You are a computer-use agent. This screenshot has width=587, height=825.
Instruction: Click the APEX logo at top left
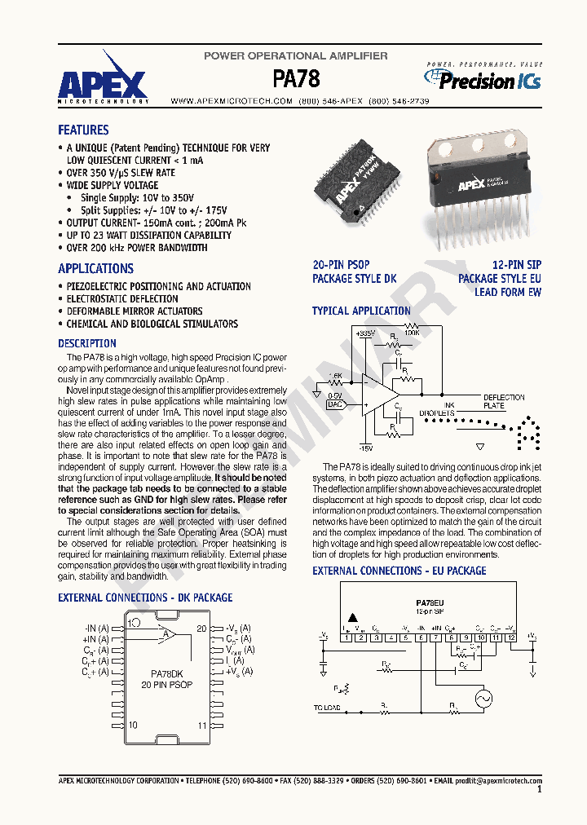103,82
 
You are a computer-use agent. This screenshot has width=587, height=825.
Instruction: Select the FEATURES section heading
83,130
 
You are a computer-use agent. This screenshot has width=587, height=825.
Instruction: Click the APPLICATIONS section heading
95,268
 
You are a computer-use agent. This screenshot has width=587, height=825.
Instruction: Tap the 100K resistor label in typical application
412,333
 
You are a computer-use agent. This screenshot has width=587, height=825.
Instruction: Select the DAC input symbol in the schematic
335,404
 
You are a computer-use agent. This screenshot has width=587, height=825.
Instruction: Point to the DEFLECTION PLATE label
498,401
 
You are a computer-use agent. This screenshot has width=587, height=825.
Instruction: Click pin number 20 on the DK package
201,628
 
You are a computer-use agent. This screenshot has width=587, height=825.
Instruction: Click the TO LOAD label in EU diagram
327,708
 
